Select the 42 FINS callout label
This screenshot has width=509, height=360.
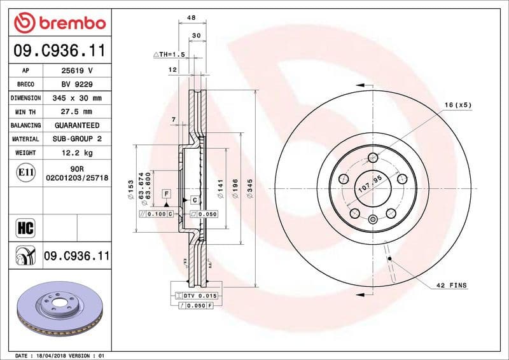click(451, 286)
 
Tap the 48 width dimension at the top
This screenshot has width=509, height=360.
click(190, 18)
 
